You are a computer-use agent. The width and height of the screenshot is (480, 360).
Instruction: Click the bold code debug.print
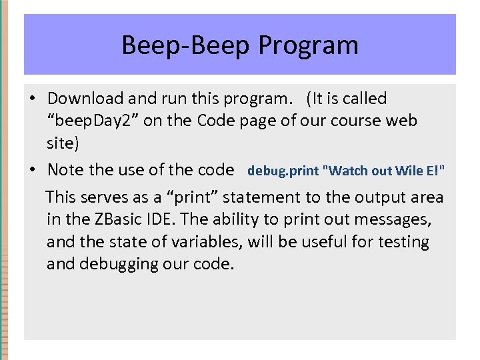[283, 171]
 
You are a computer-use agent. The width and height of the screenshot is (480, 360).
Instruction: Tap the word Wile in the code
[407, 171]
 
